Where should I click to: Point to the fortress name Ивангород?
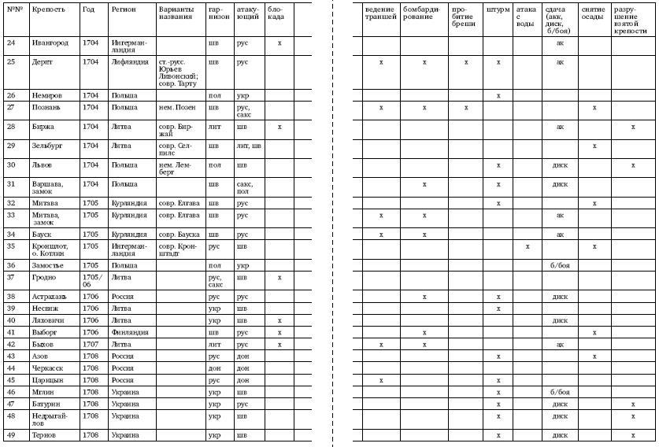(50, 42)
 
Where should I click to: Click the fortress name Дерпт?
(42, 61)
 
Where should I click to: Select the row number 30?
(11, 164)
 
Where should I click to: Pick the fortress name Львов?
(42, 164)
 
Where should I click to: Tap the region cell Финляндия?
(130, 332)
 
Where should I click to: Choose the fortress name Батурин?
(46, 403)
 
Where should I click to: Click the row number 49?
(11, 435)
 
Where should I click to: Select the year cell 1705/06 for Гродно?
(91, 281)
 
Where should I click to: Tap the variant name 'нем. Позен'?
(176, 107)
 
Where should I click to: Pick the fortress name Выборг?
(44, 332)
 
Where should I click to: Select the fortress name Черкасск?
(47, 368)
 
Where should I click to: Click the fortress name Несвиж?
(45, 308)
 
